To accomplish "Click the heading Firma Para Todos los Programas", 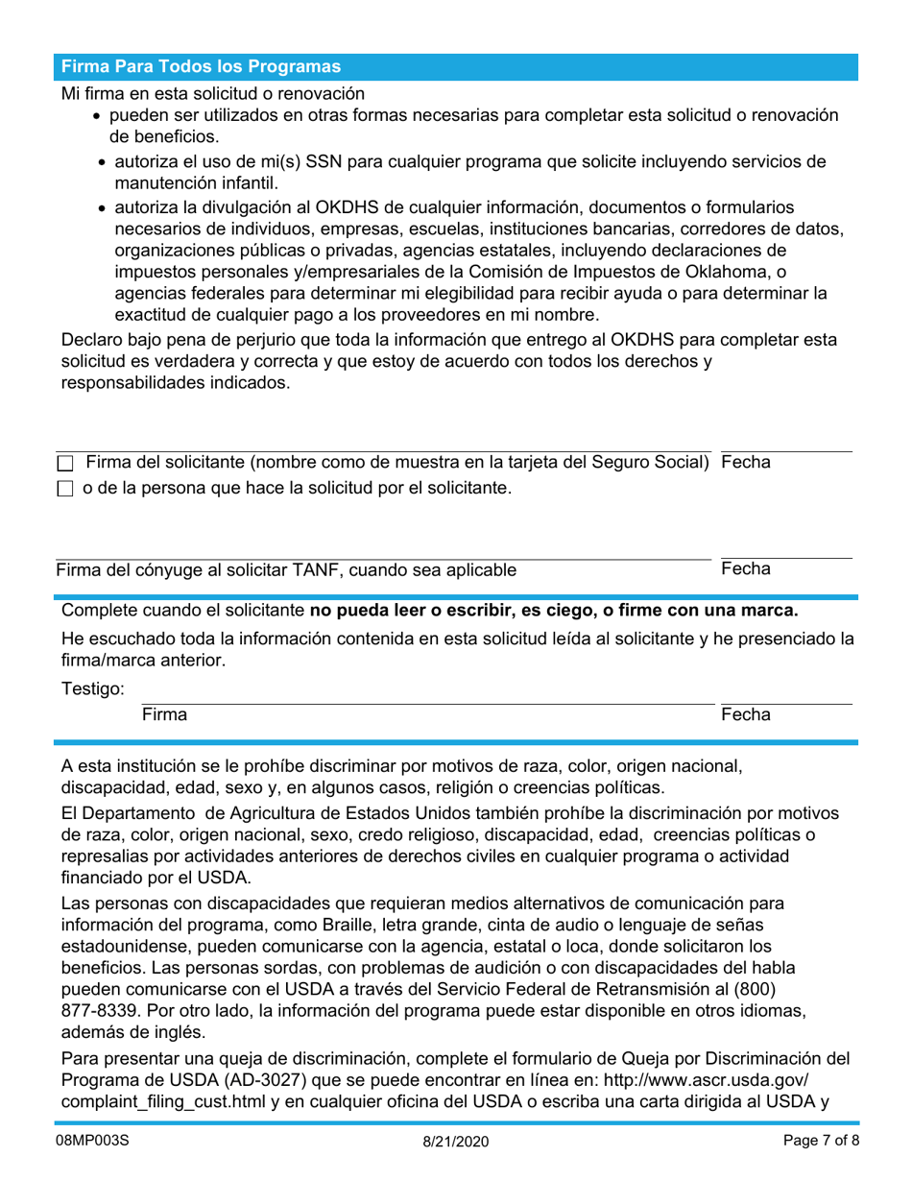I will click(201, 66).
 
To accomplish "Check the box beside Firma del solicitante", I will click(65, 464).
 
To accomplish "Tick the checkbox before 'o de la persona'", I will click(65, 490).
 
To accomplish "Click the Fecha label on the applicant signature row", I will click(745, 462).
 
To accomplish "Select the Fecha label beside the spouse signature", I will click(745, 568).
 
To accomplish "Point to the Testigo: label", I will click(93, 688).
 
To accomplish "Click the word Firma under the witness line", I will click(164, 714).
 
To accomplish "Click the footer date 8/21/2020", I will click(455, 1143).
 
